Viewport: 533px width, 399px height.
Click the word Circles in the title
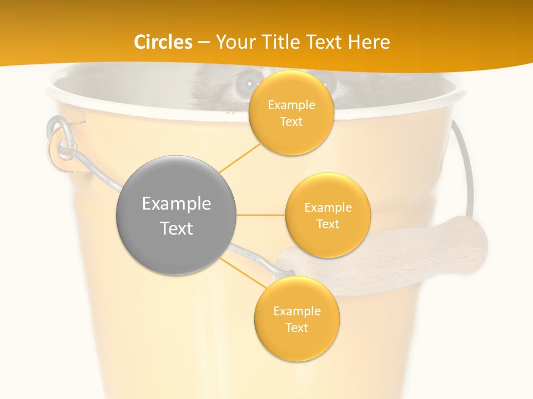[163, 42]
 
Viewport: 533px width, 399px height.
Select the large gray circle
[176, 215]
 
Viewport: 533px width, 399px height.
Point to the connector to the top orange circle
[240, 157]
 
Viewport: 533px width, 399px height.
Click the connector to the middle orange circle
[260, 215]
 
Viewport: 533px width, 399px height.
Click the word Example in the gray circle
[176, 203]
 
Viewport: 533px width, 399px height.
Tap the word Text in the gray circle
[176, 228]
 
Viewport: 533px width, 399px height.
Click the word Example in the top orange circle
[291, 105]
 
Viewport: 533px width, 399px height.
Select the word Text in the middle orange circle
[328, 224]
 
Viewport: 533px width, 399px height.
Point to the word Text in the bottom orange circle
[296, 328]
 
